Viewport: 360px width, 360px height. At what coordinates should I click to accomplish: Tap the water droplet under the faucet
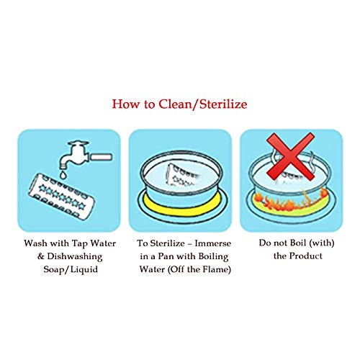click(x=63, y=174)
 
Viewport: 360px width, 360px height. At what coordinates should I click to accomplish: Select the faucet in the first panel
click(x=84, y=155)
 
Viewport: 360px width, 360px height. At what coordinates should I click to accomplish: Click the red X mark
click(x=291, y=156)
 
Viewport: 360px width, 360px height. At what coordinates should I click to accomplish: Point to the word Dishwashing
click(x=75, y=256)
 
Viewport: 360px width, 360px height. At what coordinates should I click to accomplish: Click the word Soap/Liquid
click(x=71, y=269)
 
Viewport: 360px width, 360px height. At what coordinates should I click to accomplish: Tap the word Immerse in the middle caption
click(x=213, y=243)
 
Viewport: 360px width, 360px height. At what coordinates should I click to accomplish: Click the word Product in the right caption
click(x=306, y=256)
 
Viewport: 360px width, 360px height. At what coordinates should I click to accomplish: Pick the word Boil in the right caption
click(x=298, y=243)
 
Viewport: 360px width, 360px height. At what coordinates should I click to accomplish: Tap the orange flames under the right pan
click(x=291, y=200)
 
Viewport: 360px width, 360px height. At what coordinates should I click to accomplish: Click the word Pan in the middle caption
click(x=166, y=256)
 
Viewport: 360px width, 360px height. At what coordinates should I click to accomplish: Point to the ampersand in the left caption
click(x=41, y=256)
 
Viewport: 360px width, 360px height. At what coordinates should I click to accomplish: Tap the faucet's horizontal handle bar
click(x=101, y=157)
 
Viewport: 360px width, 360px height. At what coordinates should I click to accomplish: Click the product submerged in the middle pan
click(x=182, y=174)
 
